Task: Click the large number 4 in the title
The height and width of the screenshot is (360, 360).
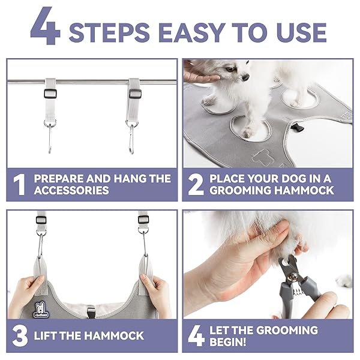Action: [x=46, y=26]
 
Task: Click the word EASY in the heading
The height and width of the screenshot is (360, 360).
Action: [x=192, y=33]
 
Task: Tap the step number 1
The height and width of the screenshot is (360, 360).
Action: [x=19, y=185]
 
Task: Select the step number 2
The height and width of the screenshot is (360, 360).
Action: [x=196, y=185]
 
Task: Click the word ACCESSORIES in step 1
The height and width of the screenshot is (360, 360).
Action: [x=71, y=190]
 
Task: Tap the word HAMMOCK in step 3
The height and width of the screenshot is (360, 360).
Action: [x=113, y=335]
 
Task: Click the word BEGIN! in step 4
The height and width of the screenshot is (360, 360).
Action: [x=227, y=342]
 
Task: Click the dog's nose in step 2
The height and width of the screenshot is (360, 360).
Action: [x=245, y=77]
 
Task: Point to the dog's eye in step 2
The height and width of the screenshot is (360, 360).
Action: [x=230, y=69]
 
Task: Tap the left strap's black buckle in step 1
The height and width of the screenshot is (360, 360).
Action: [x=50, y=94]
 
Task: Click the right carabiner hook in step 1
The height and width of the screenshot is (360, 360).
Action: [x=131, y=139]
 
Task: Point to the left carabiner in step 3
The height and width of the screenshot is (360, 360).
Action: [x=40, y=245]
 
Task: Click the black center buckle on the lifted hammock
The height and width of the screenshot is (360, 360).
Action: [x=91, y=311]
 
